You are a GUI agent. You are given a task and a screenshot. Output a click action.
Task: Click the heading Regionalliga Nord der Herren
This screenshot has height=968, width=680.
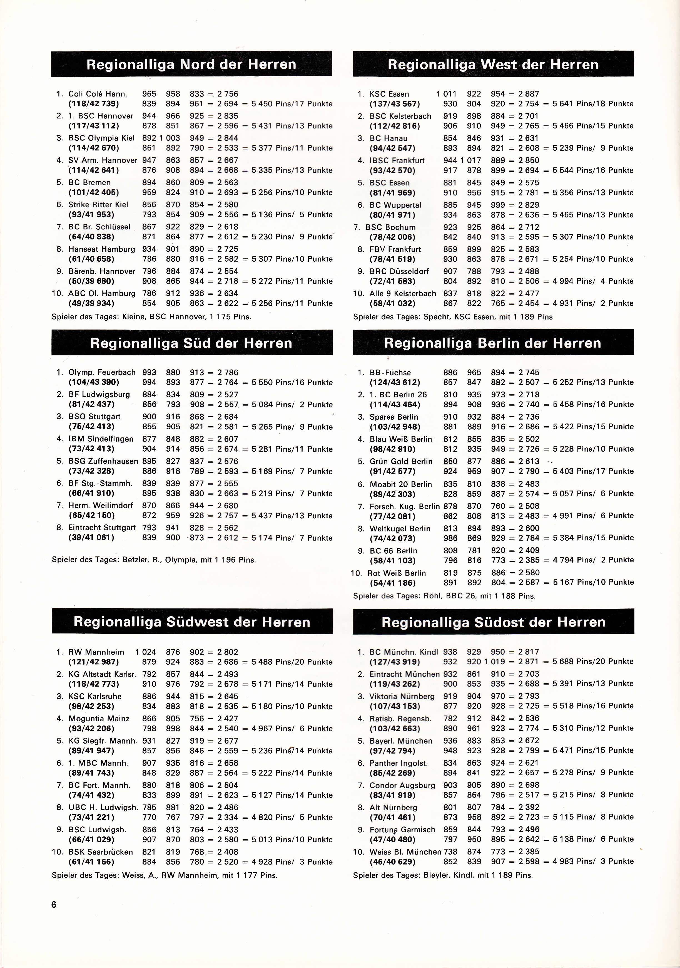[191, 65]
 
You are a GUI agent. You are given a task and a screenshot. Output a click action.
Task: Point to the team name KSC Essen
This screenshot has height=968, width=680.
[389, 94]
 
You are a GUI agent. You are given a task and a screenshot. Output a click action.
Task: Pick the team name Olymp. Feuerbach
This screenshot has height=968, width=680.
[102, 372]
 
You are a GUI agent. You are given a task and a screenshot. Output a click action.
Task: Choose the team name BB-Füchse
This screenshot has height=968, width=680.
[390, 372]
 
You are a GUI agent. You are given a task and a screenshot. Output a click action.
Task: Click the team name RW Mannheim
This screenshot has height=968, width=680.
[96, 652]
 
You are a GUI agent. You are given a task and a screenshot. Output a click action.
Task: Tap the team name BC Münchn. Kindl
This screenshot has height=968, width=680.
[403, 652]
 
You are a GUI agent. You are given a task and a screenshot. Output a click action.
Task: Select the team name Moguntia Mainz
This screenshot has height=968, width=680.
[99, 718]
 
